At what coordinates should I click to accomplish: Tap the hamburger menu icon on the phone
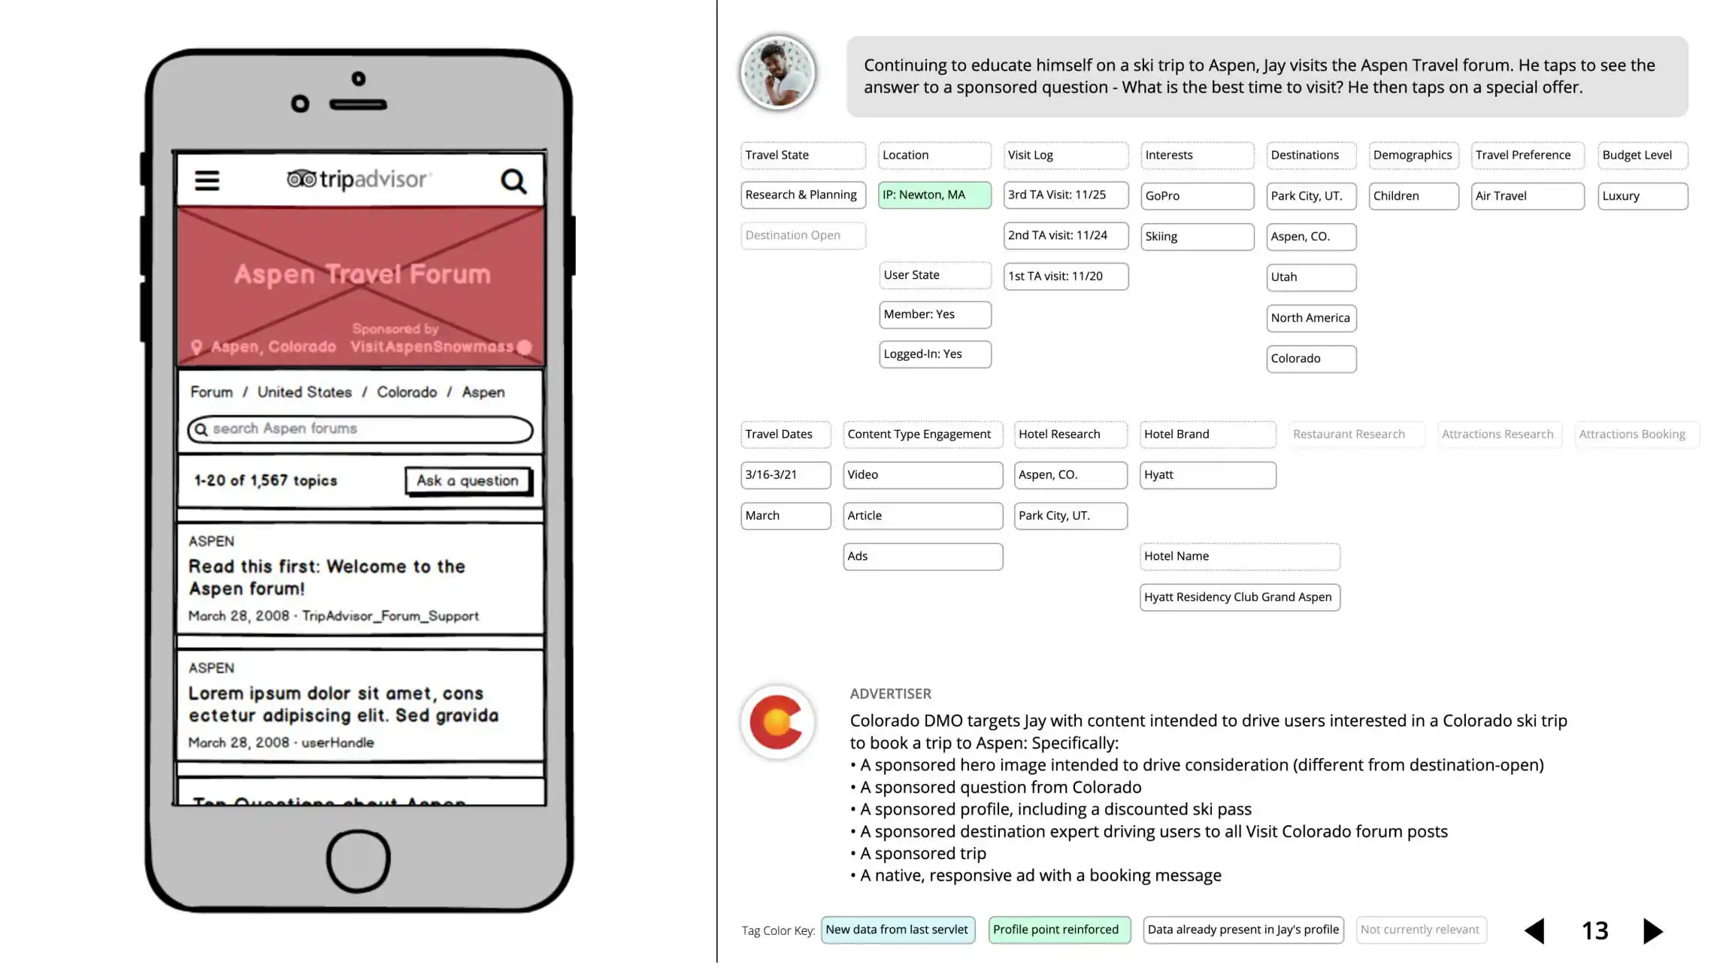pyautogui.click(x=207, y=180)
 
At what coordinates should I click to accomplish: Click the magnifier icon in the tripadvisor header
pyautogui.click(x=513, y=181)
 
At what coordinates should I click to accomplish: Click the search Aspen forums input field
pyautogui.click(x=361, y=429)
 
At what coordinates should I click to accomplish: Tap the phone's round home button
pyautogui.click(x=358, y=861)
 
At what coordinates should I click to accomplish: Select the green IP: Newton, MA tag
pyautogui.click(x=934, y=195)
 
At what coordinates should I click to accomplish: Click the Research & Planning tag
pyautogui.click(x=801, y=195)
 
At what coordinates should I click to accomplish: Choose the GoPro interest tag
pyautogui.click(x=1196, y=196)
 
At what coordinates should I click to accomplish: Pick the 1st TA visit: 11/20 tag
pyautogui.click(x=1065, y=277)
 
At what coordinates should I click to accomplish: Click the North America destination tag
pyautogui.click(x=1310, y=318)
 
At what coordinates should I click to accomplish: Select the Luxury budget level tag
pyautogui.click(x=1642, y=196)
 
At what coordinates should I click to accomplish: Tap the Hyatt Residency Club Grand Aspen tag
pyautogui.click(x=1239, y=597)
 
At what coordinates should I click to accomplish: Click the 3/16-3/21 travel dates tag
pyautogui.click(x=785, y=475)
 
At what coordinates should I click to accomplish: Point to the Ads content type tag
pyautogui.click(x=922, y=557)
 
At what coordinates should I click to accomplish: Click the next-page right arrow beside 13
pyautogui.click(x=1652, y=931)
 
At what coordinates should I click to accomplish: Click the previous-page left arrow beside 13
pyautogui.click(x=1534, y=931)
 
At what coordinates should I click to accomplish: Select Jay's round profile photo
pyautogui.click(x=777, y=74)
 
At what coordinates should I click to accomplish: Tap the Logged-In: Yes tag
pyautogui.click(x=934, y=354)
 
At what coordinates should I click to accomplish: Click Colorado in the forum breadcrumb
pyautogui.click(x=407, y=392)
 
